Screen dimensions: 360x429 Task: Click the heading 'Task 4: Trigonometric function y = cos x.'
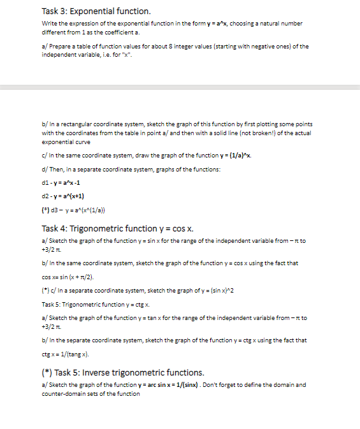[118, 228]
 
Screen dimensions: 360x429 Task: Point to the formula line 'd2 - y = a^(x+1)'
[64, 196]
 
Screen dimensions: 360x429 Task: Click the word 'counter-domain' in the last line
[67, 393]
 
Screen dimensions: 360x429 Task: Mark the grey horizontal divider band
[180, 87]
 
